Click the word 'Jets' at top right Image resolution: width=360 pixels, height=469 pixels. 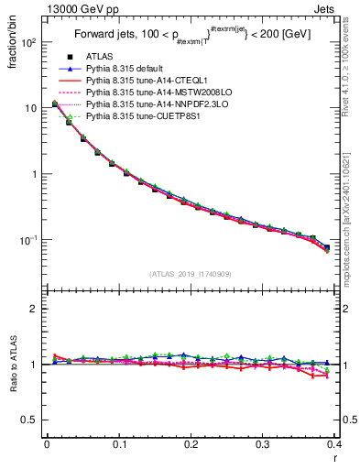324,8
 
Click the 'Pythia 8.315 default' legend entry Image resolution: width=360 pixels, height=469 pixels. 128,69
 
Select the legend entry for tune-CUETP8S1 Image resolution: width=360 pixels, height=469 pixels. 140,116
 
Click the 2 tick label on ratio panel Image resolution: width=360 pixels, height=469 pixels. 34,309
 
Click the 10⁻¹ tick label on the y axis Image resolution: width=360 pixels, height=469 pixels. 29,239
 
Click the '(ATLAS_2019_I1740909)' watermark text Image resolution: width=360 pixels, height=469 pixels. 191,274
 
